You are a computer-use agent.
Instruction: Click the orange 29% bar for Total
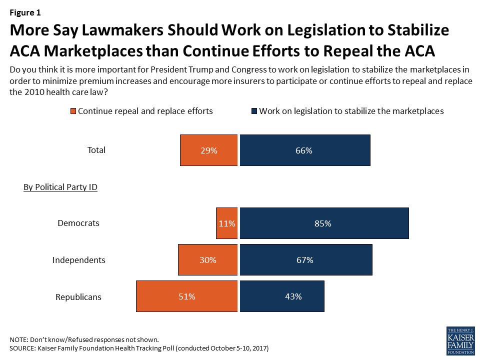pos(209,150)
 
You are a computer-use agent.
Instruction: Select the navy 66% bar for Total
pos(305,150)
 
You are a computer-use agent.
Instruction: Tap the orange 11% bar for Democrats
pos(227,223)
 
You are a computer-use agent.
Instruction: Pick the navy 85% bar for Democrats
pos(324,223)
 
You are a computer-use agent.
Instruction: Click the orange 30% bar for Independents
pos(208,259)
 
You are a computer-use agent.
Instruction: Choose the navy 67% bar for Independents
pos(306,259)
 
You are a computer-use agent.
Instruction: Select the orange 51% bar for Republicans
pos(186,296)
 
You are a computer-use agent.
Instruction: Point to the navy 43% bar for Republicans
pos(282,296)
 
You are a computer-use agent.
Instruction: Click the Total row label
pos(96,150)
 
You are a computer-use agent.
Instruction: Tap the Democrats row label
pos(78,223)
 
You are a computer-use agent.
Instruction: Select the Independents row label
pos(78,260)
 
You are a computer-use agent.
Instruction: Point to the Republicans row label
pos(78,297)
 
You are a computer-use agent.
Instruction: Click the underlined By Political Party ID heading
pos(60,187)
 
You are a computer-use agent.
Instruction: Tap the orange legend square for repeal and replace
pos(73,111)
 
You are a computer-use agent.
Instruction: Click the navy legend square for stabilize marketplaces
pos(254,111)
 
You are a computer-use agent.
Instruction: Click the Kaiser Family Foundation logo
pos(460,341)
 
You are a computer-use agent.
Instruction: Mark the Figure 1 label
pos(25,12)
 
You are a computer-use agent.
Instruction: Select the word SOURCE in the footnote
pos(22,348)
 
